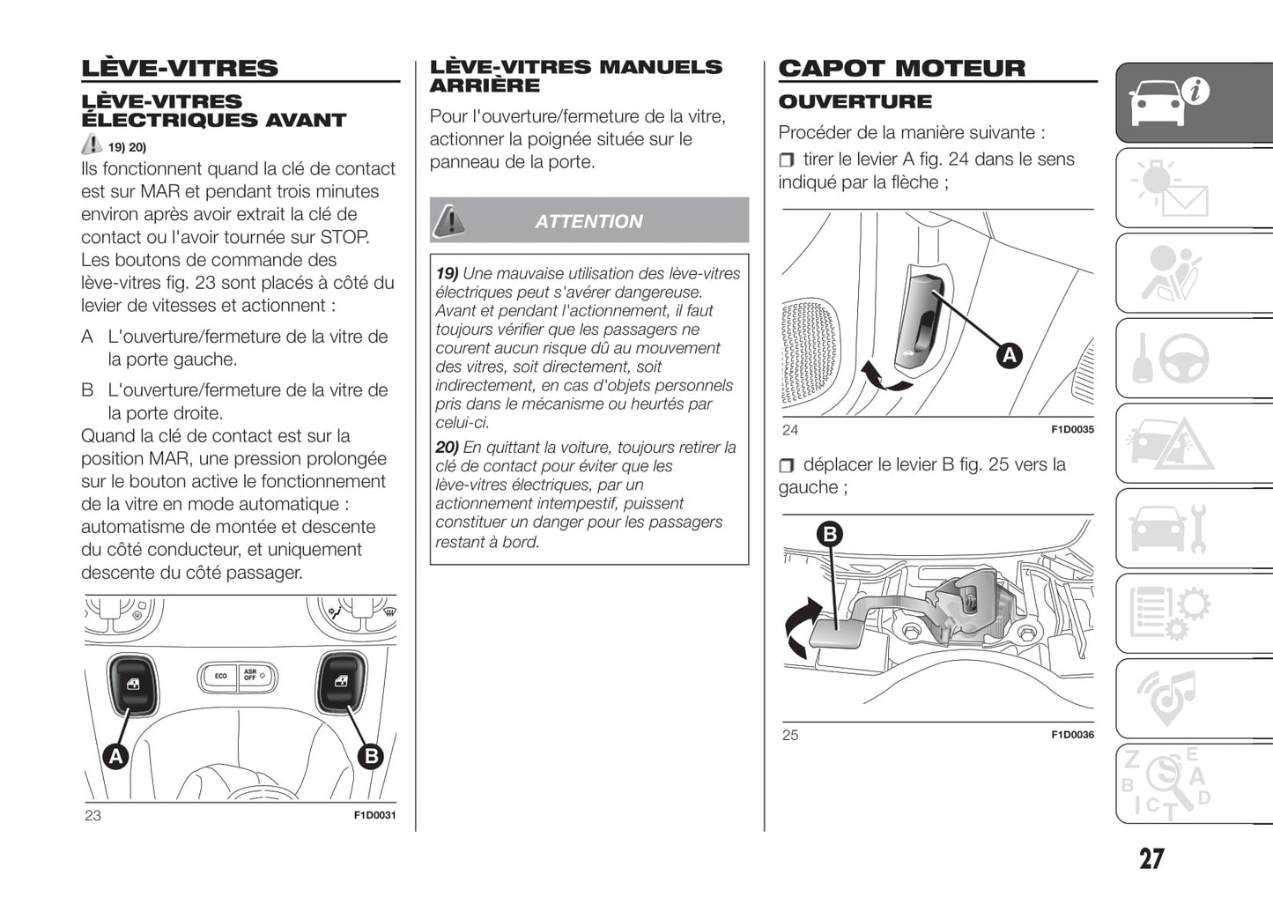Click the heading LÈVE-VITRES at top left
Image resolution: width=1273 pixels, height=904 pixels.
pyautogui.click(x=180, y=69)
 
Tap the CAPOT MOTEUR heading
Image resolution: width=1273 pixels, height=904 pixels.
pyautogui.click(x=902, y=69)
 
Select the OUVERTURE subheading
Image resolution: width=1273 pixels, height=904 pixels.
pyautogui.click(x=855, y=102)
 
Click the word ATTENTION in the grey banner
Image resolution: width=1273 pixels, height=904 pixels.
pyautogui.click(x=588, y=222)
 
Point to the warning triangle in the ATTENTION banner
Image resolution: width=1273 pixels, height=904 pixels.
pyautogui.click(x=450, y=219)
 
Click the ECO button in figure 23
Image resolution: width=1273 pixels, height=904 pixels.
pyautogui.click(x=220, y=677)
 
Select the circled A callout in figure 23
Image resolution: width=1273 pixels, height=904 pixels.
pyautogui.click(x=116, y=756)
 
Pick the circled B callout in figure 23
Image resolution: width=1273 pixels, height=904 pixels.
pyautogui.click(x=372, y=756)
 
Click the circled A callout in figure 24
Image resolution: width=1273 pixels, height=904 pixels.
pyautogui.click(x=1009, y=356)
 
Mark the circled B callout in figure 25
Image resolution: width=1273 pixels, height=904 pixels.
pyautogui.click(x=830, y=533)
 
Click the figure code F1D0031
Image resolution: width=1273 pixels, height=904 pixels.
pyautogui.click(x=374, y=816)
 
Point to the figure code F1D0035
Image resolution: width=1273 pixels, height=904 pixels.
pyautogui.click(x=1072, y=430)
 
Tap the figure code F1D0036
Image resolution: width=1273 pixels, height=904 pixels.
pyautogui.click(x=1072, y=735)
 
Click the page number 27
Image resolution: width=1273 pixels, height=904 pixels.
pyautogui.click(x=1151, y=859)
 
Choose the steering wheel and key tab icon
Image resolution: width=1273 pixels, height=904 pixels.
pyautogui.click(x=1172, y=359)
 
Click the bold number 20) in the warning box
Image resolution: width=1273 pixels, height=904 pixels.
pyautogui.click(x=447, y=448)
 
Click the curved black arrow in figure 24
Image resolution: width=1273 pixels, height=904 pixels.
pyautogui.click(x=883, y=376)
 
